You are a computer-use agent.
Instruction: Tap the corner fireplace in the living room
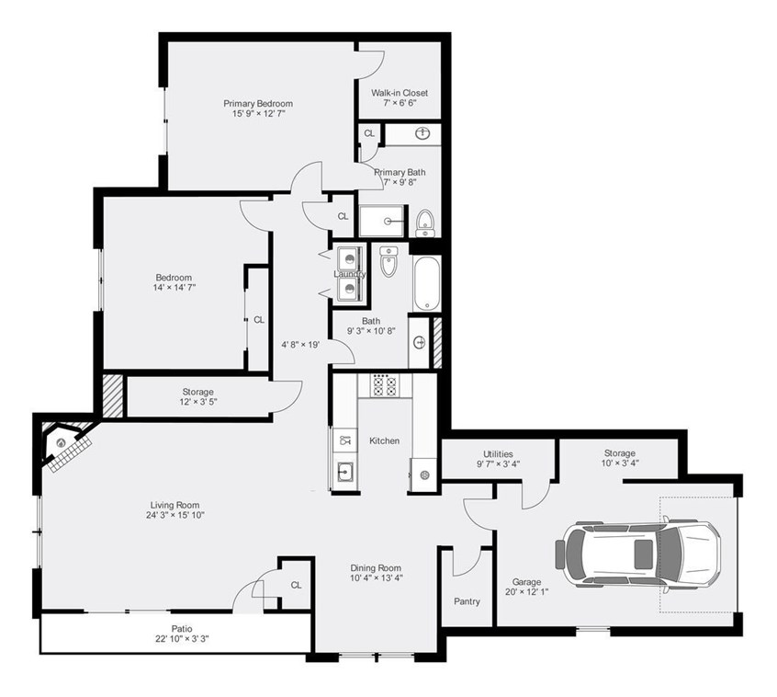pyautogui.click(x=66, y=446)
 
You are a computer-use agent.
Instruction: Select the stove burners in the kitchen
pyautogui.click(x=383, y=385)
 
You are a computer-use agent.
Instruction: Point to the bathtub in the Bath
pyautogui.click(x=427, y=283)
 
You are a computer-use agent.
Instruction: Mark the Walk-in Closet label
pyautogui.click(x=399, y=93)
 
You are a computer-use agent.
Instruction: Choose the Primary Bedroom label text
pyautogui.click(x=258, y=103)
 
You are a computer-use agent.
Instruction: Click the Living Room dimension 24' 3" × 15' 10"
pyautogui.click(x=175, y=515)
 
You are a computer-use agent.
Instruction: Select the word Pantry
pyautogui.click(x=467, y=601)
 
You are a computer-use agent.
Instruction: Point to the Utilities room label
pyautogui.click(x=498, y=453)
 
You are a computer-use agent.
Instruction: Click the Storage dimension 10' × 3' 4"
pyautogui.click(x=619, y=463)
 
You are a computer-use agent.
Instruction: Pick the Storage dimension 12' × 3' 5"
pyautogui.click(x=197, y=402)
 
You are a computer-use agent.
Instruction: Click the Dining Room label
pyautogui.click(x=376, y=566)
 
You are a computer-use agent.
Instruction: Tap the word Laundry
pyautogui.click(x=349, y=274)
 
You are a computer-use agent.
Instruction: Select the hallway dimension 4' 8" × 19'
pyautogui.click(x=299, y=346)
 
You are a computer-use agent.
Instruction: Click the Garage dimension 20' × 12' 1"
pyautogui.click(x=527, y=593)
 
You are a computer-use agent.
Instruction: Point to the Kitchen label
pyautogui.click(x=384, y=440)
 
